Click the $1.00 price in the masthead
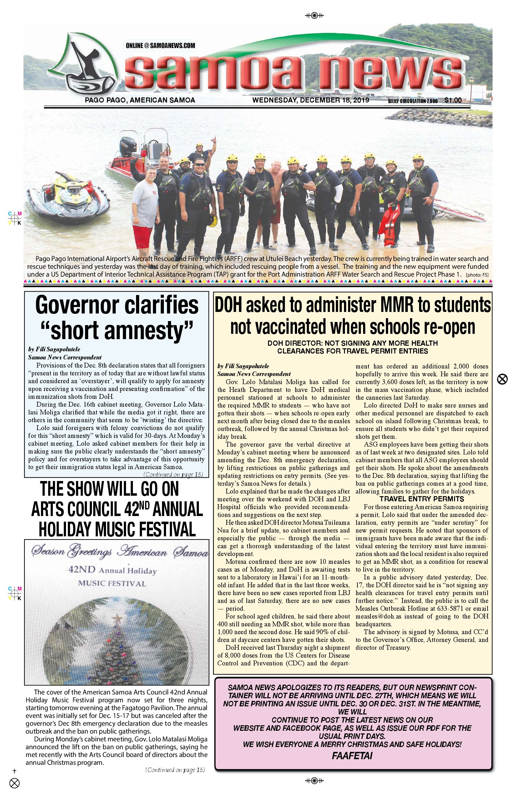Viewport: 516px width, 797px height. tap(453, 100)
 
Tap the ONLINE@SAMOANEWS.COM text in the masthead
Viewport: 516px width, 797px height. tap(160, 46)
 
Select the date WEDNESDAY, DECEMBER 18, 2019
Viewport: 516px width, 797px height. tap(311, 100)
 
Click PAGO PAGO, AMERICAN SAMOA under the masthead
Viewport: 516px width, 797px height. tap(140, 100)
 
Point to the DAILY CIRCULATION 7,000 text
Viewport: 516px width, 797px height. tap(413, 101)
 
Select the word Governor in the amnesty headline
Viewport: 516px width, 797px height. tap(76, 305)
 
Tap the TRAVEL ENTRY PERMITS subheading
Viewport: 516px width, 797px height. tap(422, 499)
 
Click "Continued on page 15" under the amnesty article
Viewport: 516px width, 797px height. tap(173, 474)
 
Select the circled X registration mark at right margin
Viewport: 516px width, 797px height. tap(502, 379)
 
